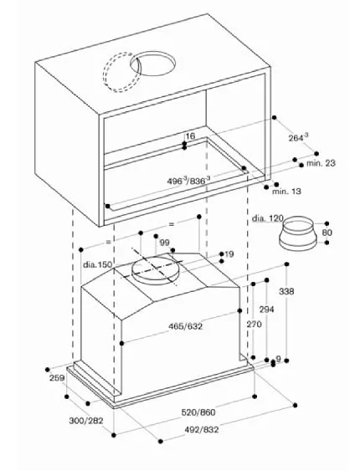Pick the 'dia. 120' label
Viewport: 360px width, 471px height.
pos(269,219)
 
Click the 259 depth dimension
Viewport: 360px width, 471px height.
pos(56,380)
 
